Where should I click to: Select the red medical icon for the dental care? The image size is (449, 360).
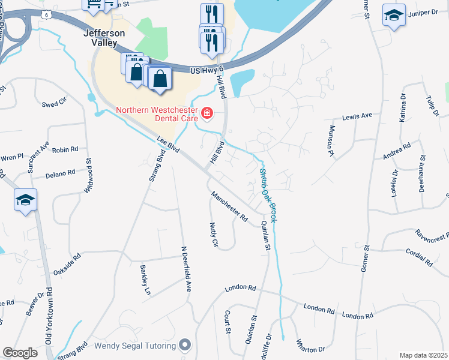207,112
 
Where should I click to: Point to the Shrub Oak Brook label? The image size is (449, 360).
268,196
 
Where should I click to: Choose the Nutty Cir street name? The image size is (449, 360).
213,235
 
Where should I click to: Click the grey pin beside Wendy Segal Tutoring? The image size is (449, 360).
185,346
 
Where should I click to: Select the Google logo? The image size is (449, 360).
20,353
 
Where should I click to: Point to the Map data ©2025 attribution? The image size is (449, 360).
424,355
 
